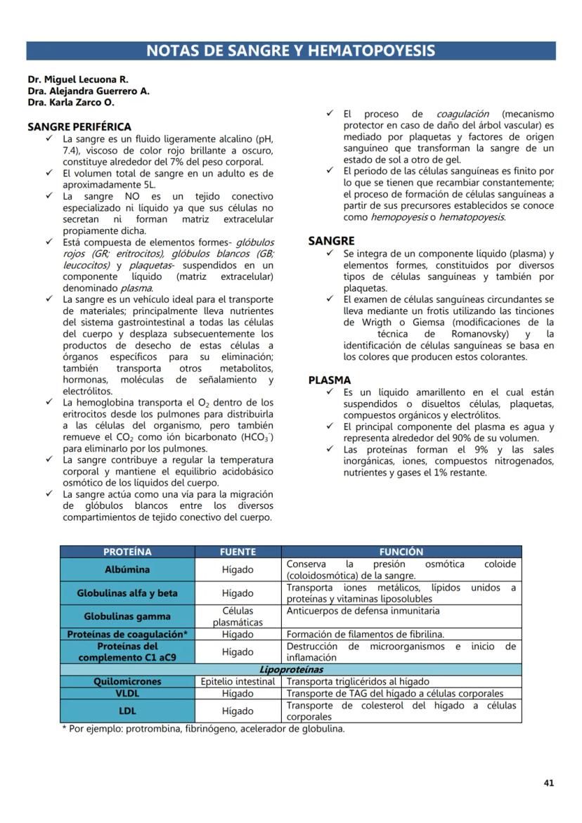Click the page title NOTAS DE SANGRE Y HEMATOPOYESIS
[290, 51]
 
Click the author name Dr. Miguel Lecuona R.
[78, 79]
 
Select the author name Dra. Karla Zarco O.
[71, 102]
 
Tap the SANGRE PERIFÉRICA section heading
[79, 127]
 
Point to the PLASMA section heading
[330, 380]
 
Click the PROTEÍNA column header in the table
[127, 552]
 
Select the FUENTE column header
[238, 552]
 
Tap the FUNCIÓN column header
[401, 552]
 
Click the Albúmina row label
[127, 569]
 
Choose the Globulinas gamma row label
[127, 616]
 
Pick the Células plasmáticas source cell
[238, 616]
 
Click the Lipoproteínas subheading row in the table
[290, 670]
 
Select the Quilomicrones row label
[127, 681]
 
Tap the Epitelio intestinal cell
[238, 681]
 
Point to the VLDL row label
[127, 693]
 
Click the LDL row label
[127, 711]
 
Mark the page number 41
[549, 782]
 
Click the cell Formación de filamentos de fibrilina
[365, 634]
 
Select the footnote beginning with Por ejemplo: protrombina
[204, 728]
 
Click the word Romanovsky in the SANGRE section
[480, 334]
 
